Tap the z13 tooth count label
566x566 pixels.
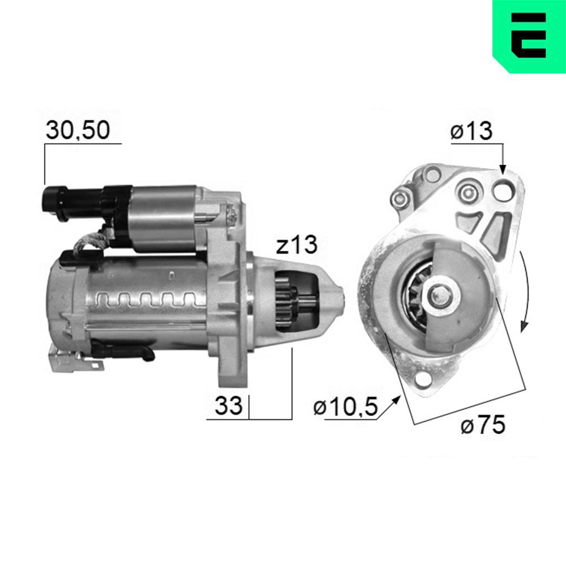(x=297, y=245)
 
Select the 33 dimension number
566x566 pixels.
(x=228, y=405)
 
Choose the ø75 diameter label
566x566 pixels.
(x=482, y=425)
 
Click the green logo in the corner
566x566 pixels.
(x=529, y=36)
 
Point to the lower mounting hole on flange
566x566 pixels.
(x=422, y=381)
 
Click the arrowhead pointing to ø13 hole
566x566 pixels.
(x=503, y=169)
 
